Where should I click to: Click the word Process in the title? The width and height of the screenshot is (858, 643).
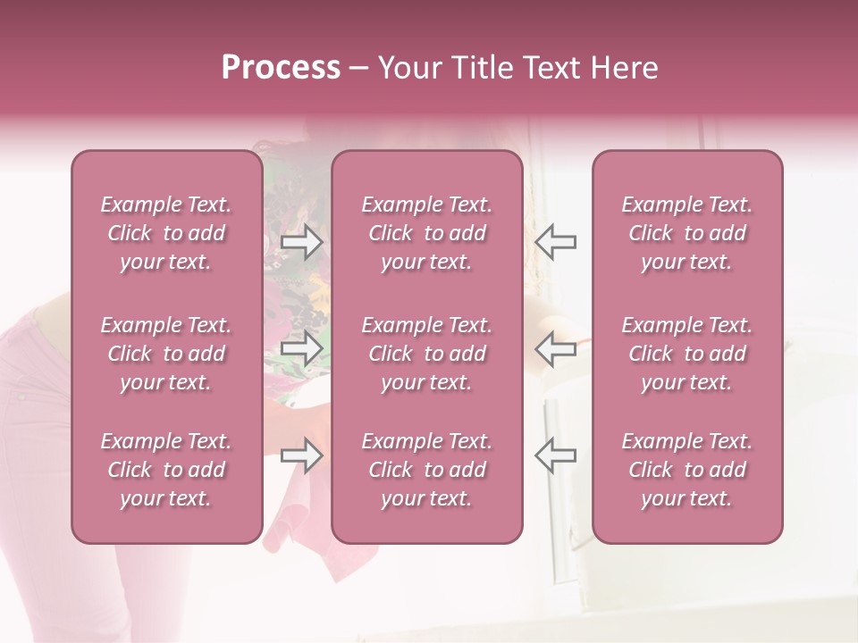pyautogui.click(x=281, y=68)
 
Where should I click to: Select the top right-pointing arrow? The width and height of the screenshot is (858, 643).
pyautogui.click(x=301, y=242)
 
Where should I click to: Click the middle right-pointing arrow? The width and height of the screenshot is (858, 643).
pyautogui.click(x=301, y=348)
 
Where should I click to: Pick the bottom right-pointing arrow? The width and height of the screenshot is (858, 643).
pyautogui.click(x=301, y=455)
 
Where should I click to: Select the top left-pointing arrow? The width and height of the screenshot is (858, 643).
pyautogui.click(x=555, y=242)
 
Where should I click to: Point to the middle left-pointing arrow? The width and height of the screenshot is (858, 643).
pyautogui.click(x=555, y=348)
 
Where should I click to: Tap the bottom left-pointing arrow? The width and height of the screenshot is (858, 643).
pyautogui.click(x=555, y=455)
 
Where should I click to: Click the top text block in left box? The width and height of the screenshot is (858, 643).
pyautogui.click(x=166, y=233)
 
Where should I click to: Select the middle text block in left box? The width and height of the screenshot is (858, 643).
pyautogui.click(x=166, y=354)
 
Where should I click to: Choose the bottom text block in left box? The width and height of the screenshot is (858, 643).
pyautogui.click(x=166, y=470)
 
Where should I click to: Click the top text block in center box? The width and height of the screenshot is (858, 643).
pyautogui.click(x=427, y=233)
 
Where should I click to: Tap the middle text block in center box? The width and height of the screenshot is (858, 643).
pyautogui.click(x=427, y=354)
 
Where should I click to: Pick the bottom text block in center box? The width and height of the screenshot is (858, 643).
pyautogui.click(x=427, y=470)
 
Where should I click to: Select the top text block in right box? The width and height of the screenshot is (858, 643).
pyautogui.click(x=687, y=233)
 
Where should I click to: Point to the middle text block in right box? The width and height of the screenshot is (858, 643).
pyautogui.click(x=687, y=354)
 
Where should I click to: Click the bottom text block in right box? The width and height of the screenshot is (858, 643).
pyautogui.click(x=687, y=470)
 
